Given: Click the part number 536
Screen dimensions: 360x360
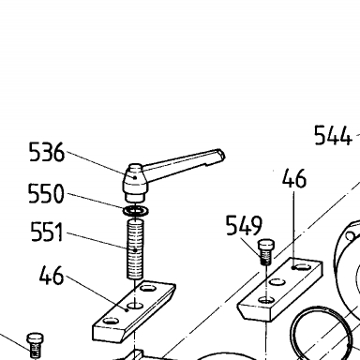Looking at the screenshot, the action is pyautogui.click(x=47, y=152).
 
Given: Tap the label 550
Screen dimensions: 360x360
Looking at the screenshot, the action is pyautogui.click(x=46, y=193).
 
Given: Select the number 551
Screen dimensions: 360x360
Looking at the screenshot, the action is pyautogui.click(x=47, y=232).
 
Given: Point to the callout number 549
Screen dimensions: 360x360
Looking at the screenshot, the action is pyautogui.click(x=244, y=225).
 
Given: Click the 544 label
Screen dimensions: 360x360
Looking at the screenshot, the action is pyautogui.click(x=333, y=135).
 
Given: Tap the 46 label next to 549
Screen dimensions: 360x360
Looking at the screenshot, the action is pyautogui.click(x=294, y=178).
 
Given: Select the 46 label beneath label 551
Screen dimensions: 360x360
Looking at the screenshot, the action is pyautogui.click(x=52, y=276).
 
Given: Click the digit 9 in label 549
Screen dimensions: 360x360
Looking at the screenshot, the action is pyautogui.click(x=256, y=225).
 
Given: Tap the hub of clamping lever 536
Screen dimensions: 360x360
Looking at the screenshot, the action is pyautogui.click(x=135, y=183).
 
